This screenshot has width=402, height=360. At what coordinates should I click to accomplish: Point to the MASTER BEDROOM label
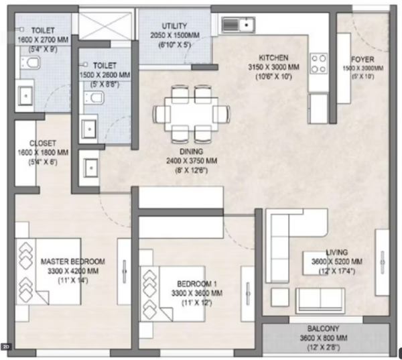[x=72, y=261]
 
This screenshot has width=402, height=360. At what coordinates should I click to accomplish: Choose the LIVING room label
[x=337, y=252]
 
